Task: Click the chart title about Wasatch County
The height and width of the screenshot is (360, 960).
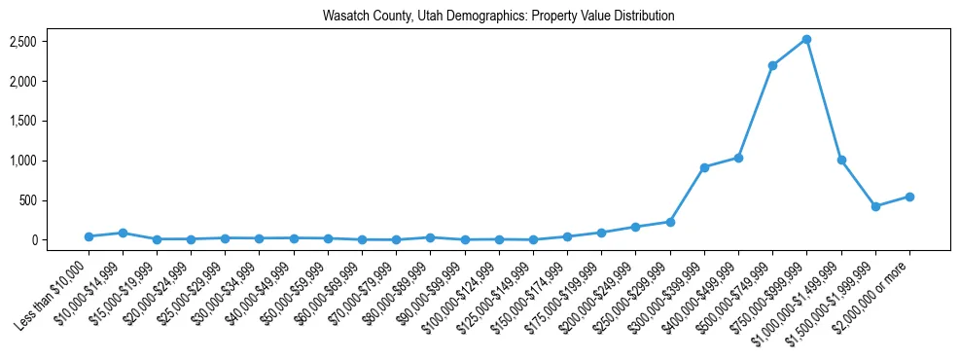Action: [498, 17]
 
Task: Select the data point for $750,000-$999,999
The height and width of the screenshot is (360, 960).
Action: [807, 39]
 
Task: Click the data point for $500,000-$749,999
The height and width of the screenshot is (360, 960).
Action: [772, 65]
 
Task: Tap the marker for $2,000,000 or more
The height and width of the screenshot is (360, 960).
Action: [909, 197]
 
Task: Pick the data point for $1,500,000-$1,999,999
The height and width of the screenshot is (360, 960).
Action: [875, 206]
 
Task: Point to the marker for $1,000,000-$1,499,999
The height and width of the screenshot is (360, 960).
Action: [841, 160]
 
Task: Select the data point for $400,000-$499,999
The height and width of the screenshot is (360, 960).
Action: [738, 158]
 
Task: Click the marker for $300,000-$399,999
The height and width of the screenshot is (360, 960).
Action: [704, 167]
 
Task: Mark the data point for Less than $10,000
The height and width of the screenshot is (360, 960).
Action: [89, 236]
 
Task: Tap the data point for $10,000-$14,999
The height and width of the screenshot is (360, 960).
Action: [123, 233]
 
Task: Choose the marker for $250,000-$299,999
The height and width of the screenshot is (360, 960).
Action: [670, 222]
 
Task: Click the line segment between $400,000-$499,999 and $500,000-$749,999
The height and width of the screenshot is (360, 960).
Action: [756, 111]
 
